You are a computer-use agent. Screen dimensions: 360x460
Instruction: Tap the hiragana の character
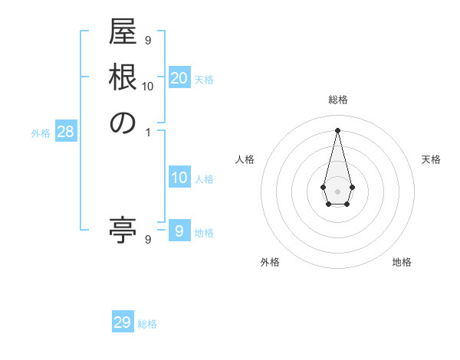pos(123,123)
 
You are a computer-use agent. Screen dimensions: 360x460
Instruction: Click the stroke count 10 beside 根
pos(148,86)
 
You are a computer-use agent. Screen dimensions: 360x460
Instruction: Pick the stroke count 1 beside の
pos(148,132)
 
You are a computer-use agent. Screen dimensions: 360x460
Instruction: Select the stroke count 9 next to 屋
pos(148,40)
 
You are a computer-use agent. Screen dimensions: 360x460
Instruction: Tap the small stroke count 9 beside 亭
pos(148,240)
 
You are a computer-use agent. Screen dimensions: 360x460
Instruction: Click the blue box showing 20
pos(179,78)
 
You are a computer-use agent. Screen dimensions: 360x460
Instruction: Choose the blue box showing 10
pos(179,178)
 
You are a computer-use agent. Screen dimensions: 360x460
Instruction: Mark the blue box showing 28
pos(65,132)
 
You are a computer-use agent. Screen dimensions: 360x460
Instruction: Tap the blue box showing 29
pos(123,322)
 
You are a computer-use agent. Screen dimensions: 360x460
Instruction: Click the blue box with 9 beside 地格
pos(179,231)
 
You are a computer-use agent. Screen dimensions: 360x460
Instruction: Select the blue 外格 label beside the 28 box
pos(41,133)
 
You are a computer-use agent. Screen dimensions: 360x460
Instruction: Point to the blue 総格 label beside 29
pos(147,324)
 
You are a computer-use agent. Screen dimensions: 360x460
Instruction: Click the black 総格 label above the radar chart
pos(338,100)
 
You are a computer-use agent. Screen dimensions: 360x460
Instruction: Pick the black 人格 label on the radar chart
pos(245,159)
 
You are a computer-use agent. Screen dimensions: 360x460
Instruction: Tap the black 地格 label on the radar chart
pos(402,262)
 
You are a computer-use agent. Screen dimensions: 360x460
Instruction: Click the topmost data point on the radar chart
pos(337,129)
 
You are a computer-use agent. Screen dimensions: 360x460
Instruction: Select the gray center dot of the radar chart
pos(337,190)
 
